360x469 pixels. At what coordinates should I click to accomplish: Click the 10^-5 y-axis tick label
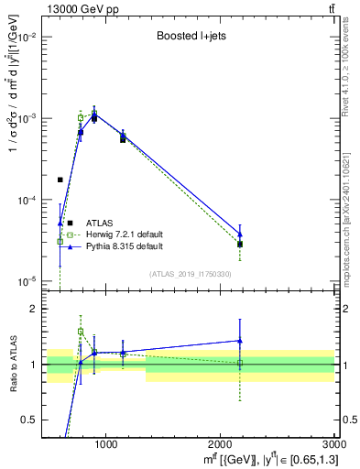(x=27, y=280)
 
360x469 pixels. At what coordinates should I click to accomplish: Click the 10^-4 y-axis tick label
(x=27, y=200)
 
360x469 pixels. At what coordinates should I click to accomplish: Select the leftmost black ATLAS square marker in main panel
(x=60, y=180)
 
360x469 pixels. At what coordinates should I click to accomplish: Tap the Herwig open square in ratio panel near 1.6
(x=81, y=332)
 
